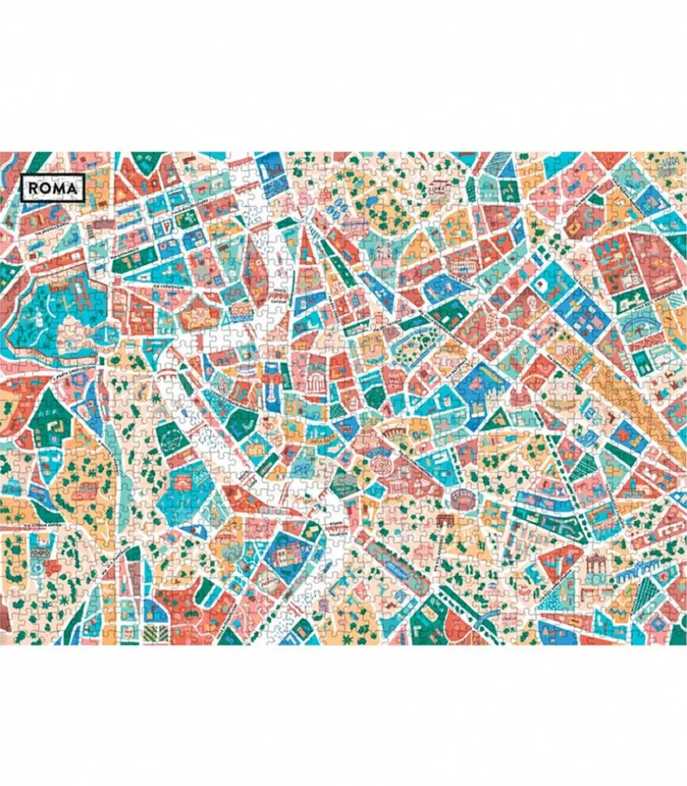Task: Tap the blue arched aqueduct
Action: (x=643, y=574)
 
